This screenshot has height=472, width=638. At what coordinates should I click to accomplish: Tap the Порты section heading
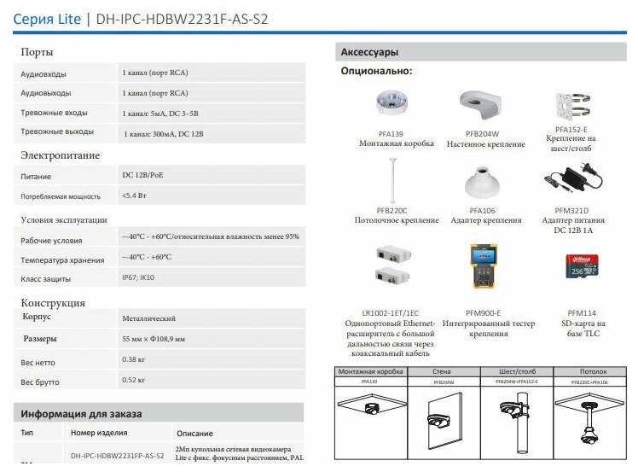38,53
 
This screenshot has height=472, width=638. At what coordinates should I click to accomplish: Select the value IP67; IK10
138,277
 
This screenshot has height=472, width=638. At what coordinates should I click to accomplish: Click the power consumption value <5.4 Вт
136,195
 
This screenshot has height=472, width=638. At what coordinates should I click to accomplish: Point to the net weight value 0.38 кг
134,360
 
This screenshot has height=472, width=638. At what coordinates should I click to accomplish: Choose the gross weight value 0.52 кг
134,379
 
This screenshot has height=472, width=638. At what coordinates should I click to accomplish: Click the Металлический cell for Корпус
149,318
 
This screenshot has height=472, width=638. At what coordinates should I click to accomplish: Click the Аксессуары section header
369,52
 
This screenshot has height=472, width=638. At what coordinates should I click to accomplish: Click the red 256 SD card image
581,266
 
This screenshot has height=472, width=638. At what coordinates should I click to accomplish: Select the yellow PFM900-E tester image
483,266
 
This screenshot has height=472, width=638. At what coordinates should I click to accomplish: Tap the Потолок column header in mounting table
594,372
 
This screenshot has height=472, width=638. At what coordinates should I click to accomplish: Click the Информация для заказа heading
81,414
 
